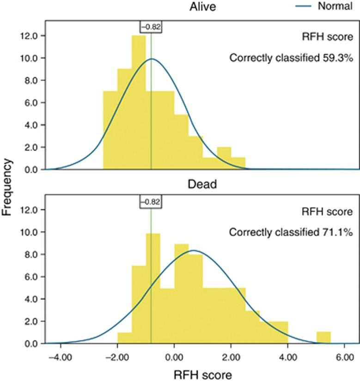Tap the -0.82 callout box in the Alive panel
(x=150, y=27)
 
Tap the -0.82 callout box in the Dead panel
(x=150, y=201)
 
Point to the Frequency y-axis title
(x=7, y=187)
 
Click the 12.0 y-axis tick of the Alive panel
(x=35, y=36)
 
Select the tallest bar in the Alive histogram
(x=139, y=104)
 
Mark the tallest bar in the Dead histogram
(x=153, y=289)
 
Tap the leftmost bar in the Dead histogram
(x=125, y=338)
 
